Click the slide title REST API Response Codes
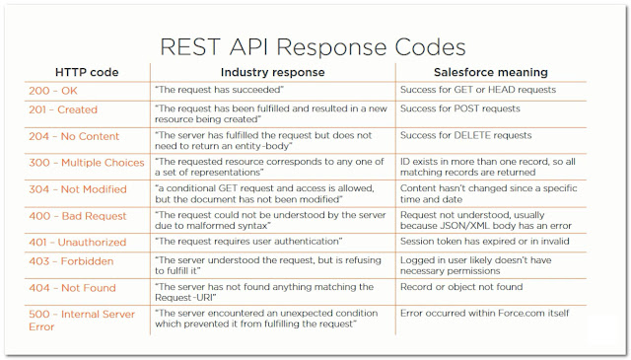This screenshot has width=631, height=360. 314,46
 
